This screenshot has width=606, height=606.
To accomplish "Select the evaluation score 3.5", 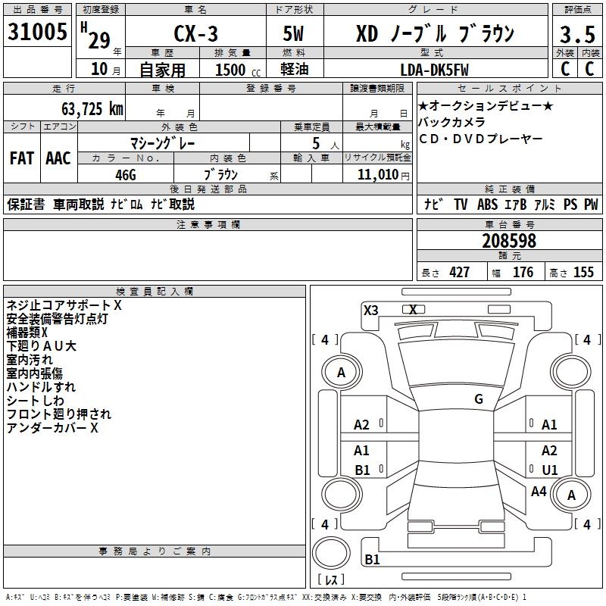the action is tap(576, 35).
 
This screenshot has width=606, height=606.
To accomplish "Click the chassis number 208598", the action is tap(509, 241).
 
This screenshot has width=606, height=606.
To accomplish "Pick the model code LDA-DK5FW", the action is tap(434, 70).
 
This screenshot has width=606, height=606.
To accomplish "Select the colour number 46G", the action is tap(126, 173).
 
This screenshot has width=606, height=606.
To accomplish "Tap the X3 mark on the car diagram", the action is tap(371, 310).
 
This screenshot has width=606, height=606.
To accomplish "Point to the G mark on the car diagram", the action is tap(479, 399).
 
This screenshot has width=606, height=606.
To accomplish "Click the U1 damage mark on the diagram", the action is tap(549, 470).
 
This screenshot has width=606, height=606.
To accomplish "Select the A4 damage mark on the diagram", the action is tap(539, 492).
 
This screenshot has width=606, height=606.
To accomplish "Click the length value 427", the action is tap(459, 273).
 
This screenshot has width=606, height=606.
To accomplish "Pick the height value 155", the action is tap(583, 273).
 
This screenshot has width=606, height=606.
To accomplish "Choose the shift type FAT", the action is tap(21, 158).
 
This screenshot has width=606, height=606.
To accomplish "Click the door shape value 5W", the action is tap(294, 34).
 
